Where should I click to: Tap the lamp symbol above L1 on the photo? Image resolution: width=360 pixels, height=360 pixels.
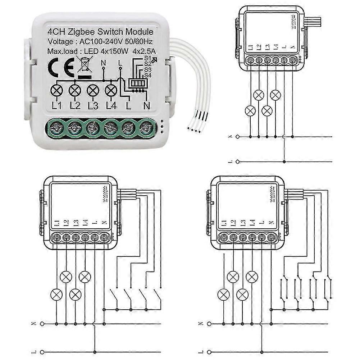coord(57,90)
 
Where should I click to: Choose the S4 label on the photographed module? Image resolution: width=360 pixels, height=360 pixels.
coord(146,74)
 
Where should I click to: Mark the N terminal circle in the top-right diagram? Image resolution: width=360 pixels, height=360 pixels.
coord(237,136)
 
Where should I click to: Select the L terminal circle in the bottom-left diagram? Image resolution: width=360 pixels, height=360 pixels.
coord(42,352)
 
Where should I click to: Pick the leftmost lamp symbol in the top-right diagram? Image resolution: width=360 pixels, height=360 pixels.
coord(250,111)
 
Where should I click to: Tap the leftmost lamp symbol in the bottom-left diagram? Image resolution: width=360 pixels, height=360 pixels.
coord(56,295)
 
